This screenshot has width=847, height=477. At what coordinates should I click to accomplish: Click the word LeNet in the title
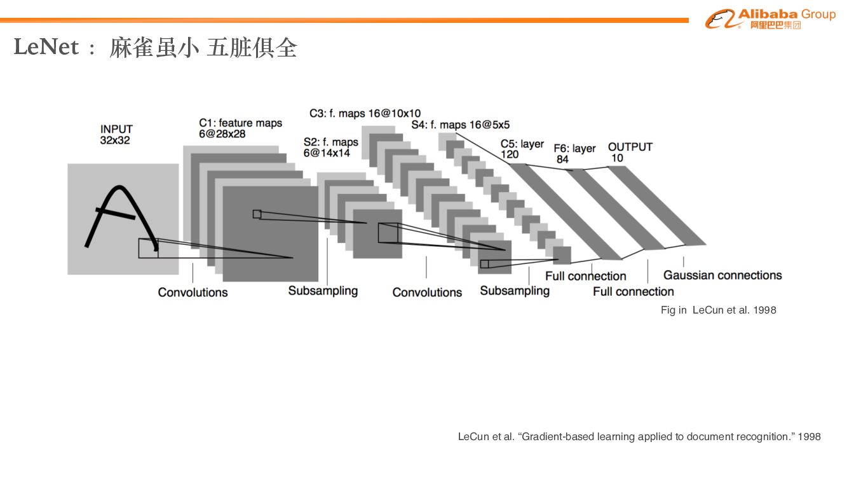(x=46, y=48)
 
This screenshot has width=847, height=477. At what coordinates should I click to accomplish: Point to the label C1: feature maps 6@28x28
(x=240, y=128)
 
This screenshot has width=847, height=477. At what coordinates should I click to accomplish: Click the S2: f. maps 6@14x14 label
(x=330, y=148)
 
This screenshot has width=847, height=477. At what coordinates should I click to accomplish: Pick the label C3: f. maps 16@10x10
(x=365, y=113)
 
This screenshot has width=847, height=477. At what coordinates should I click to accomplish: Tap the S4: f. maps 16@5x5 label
(x=460, y=125)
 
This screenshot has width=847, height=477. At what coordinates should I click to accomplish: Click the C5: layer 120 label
(x=522, y=149)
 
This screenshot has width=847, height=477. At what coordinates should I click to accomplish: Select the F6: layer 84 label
(x=574, y=153)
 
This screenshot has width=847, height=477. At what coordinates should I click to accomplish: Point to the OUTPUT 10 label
(x=630, y=152)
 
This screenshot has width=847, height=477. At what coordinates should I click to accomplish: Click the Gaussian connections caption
(x=722, y=275)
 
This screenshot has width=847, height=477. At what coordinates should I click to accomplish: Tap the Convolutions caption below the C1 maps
(x=193, y=293)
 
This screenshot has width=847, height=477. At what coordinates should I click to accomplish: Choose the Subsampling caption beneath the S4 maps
(x=514, y=291)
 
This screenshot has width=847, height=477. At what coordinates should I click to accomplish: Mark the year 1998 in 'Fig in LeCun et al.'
(x=764, y=310)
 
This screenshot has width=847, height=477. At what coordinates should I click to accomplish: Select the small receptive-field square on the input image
(x=148, y=248)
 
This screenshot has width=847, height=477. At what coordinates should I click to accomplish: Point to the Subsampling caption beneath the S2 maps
(x=323, y=291)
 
